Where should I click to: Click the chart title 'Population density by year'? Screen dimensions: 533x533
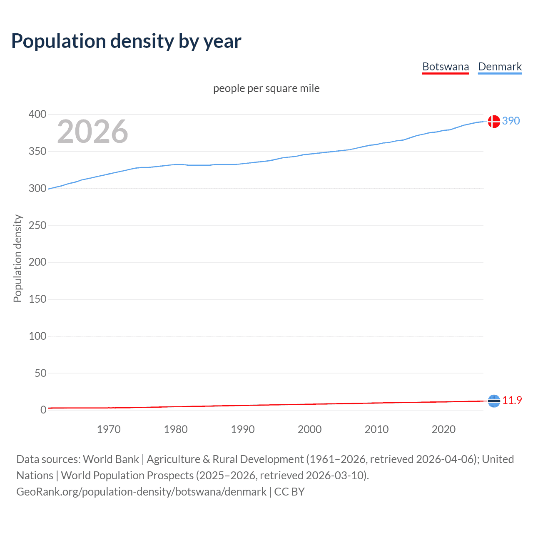click(126, 41)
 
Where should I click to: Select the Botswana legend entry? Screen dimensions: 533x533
click(446, 67)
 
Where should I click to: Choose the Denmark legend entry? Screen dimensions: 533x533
click(500, 67)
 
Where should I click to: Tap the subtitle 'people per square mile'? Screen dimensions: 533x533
click(266, 88)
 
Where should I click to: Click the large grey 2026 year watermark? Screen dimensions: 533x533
click(92, 132)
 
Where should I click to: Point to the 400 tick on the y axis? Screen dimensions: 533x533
click(37, 114)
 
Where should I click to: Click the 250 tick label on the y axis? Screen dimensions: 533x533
click(37, 225)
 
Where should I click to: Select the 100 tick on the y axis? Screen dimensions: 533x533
click(37, 336)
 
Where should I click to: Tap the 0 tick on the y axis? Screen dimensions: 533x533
click(43, 410)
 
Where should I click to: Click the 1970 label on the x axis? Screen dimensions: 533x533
click(109, 429)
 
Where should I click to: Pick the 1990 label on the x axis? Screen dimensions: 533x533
click(243, 429)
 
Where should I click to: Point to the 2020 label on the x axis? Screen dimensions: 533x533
click(443, 429)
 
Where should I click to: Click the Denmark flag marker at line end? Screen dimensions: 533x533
click(494, 122)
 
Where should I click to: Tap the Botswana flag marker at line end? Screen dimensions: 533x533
click(494, 401)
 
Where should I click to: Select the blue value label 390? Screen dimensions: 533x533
click(511, 121)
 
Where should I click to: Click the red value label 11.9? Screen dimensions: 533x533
click(512, 400)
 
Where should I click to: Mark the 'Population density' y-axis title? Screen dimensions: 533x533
click(17, 258)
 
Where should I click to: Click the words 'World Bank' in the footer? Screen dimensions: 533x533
click(111, 459)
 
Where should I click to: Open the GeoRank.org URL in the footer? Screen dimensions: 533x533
click(141, 492)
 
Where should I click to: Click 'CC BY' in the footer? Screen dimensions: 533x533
click(289, 492)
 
